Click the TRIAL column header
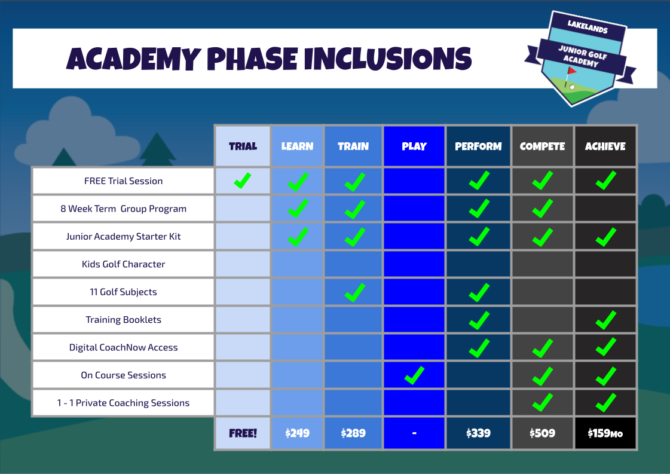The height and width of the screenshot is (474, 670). coord(243,146)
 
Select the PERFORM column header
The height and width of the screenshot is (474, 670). coord(478,146)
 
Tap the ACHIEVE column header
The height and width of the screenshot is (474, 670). coord(605,146)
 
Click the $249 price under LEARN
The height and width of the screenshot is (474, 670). coord(297,433)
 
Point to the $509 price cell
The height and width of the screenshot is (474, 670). coord(542,433)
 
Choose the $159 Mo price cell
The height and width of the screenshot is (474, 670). coord(605,433)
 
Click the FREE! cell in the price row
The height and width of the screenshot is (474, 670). coord(243,433)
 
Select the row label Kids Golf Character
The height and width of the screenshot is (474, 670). coord(123,264)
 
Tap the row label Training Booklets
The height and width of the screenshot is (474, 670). coord(123,320)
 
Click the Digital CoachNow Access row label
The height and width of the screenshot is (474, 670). coord(123,347)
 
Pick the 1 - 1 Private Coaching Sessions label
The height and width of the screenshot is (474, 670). coord(123,403)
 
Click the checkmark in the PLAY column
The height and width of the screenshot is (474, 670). coord(414,375)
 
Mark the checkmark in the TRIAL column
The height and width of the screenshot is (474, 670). coord(243,180)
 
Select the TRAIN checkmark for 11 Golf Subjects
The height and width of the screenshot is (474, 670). coord(355,292)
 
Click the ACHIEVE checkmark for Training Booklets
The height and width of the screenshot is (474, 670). coord(605,320)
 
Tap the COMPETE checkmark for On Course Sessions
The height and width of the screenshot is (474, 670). coord(542,375)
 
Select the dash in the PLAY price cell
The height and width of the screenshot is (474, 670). coord(414,433)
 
